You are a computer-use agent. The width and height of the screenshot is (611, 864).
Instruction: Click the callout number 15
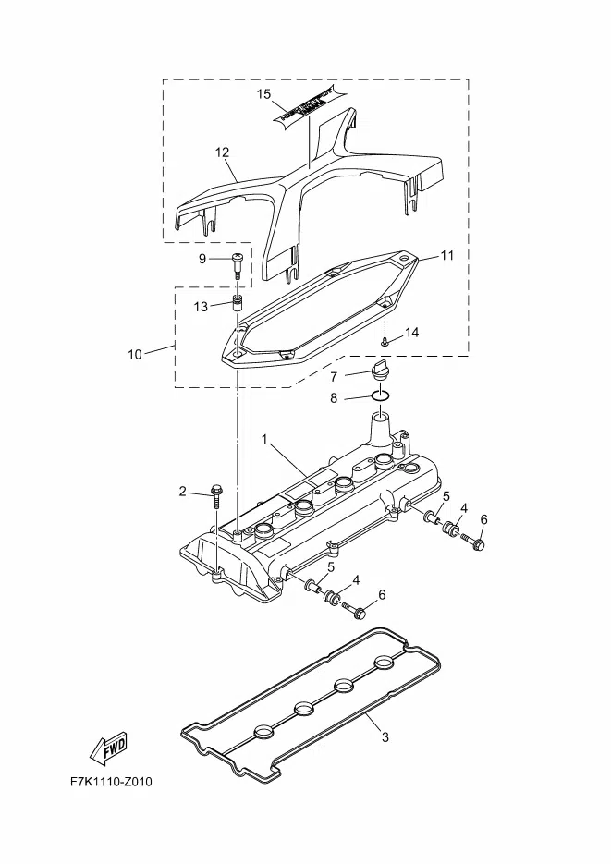click(x=263, y=94)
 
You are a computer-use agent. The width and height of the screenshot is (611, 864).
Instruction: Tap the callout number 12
click(x=222, y=152)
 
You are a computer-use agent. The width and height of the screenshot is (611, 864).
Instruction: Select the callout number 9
click(x=202, y=259)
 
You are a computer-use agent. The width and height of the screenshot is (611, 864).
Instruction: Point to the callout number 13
click(x=202, y=307)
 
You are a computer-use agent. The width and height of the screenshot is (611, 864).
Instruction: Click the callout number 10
click(x=135, y=354)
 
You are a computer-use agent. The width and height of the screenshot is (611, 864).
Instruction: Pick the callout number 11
click(x=447, y=255)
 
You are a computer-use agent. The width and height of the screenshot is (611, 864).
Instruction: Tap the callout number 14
click(x=412, y=332)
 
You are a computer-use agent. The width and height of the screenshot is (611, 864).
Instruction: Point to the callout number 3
click(x=385, y=736)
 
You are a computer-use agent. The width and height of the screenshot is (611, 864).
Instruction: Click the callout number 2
click(x=183, y=492)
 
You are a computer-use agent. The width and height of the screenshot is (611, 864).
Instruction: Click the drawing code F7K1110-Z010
click(x=111, y=782)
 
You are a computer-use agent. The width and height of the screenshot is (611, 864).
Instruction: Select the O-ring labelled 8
click(x=380, y=397)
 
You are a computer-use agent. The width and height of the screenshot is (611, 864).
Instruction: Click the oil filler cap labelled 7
click(x=380, y=371)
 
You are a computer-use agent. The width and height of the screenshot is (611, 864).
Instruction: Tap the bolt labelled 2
click(x=215, y=495)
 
